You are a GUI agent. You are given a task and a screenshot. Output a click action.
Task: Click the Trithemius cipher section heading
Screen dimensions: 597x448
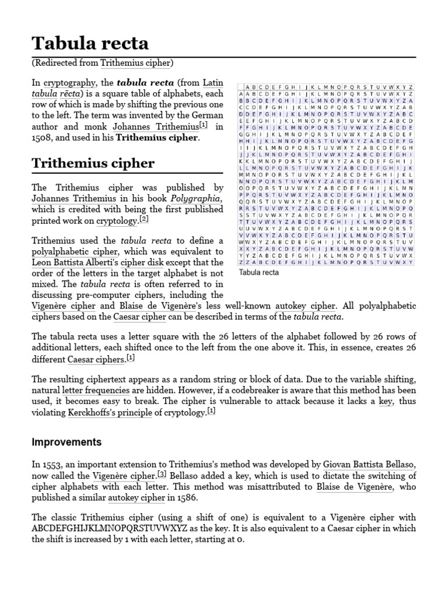[93, 163]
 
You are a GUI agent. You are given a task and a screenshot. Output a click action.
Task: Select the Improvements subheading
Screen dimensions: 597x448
[66, 442]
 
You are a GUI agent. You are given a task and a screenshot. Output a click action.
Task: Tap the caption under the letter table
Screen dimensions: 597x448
[259, 272]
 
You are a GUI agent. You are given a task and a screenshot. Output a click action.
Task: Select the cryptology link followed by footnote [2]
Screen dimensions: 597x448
[114, 221]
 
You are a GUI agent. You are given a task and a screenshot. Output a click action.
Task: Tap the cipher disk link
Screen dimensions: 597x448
[152, 263]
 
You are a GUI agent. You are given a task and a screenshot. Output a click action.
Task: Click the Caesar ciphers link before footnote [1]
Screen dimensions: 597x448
[96, 359]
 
